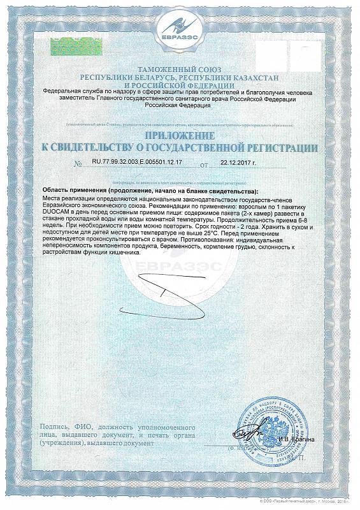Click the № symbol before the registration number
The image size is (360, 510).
[78, 164]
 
